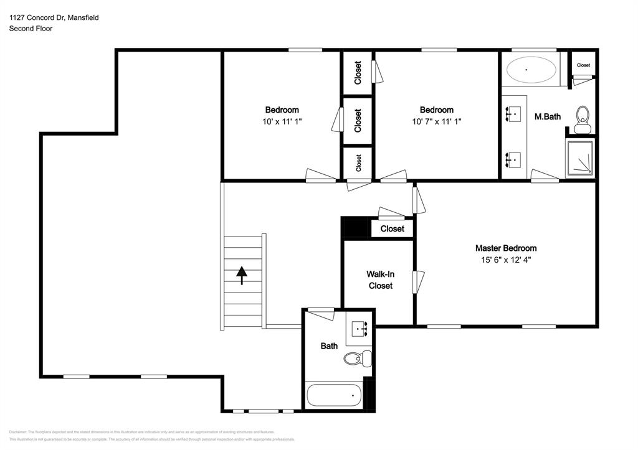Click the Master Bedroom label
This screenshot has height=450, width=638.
click(x=505, y=248)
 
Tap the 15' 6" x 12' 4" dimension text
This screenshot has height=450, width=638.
click(x=505, y=260)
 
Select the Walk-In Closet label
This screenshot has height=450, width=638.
click(x=380, y=279)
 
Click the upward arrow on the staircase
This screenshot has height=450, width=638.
click(x=241, y=274)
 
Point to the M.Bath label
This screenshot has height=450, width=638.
click(x=548, y=116)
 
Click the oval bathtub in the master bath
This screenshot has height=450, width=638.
click(x=531, y=70)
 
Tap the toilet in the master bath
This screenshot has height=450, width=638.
click(x=583, y=118)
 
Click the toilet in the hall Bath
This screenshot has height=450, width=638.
click(x=356, y=358)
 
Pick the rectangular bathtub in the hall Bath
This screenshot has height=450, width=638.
click(x=334, y=395)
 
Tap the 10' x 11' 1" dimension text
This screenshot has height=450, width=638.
click(x=282, y=122)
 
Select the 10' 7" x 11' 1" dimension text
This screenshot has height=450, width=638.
click(x=436, y=122)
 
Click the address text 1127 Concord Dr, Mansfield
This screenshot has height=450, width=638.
click(x=54, y=18)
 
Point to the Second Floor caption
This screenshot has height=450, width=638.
click(x=31, y=29)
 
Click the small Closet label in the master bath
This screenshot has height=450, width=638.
click(x=583, y=65)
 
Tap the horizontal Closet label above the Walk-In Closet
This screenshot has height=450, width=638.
click(x=392, y=228)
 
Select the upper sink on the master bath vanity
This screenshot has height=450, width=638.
click(x=514, y=113)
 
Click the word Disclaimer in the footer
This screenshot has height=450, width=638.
click(x=17, y=432)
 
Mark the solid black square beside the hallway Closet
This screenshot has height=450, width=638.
click(x=356, y=227)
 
